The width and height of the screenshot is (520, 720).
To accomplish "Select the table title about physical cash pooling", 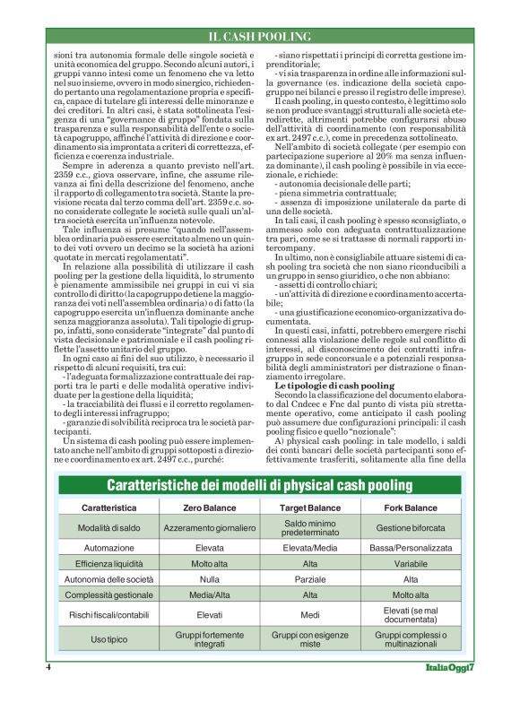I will click(260, 485).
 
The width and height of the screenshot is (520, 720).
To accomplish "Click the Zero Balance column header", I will click(211, 507).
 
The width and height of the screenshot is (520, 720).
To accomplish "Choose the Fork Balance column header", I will click(411, 507).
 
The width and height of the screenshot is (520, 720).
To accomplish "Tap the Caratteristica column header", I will click(108, 507).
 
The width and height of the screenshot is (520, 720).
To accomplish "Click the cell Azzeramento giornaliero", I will click(211, 527).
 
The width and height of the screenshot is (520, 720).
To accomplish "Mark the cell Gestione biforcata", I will click(411, 527).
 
